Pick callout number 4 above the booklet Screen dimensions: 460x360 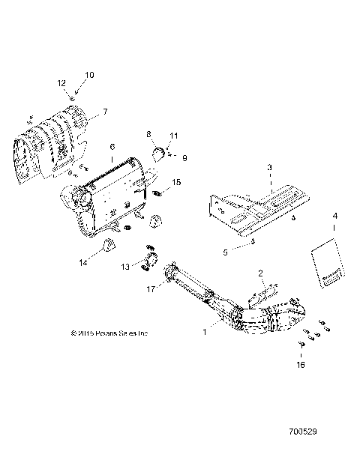[335, 216]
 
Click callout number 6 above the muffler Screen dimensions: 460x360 [112, 147]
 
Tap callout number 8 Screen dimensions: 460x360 [148, 134]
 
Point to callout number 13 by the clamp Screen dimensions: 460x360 [124, 267]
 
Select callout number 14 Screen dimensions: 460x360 [83, 263]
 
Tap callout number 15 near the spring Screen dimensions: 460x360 [177, 182]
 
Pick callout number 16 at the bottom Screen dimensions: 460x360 [301, 365]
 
